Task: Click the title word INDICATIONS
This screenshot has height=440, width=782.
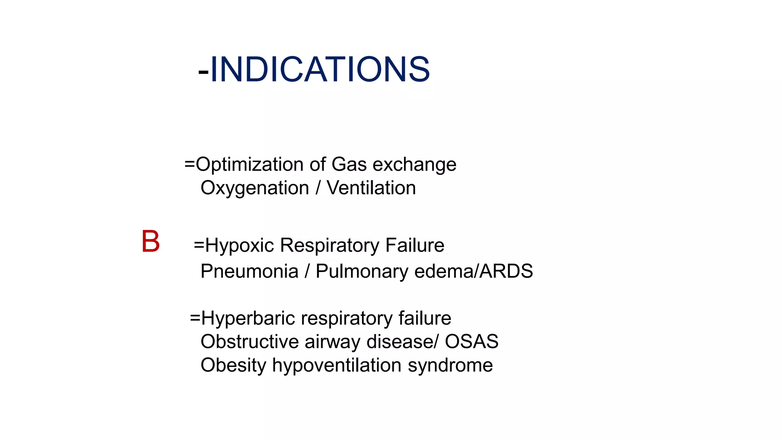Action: (x=320, y=70)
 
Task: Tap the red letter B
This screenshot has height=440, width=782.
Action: (x=150, y=242)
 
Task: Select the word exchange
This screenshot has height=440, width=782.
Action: (x=414, y=165)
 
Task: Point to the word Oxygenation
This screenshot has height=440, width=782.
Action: (x=255, y=188)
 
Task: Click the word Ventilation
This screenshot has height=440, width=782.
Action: (x=371, y=188)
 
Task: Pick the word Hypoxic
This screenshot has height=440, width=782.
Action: (x=239, y=246)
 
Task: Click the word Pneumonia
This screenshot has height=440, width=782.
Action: (x=249, y=271)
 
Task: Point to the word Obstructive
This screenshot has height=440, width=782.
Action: (x=249, y=341)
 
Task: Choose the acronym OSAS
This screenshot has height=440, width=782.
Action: (x=472, y=341)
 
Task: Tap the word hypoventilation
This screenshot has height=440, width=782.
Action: (x=336, y=366)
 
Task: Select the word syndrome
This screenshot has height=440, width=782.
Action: (x=450, y=366)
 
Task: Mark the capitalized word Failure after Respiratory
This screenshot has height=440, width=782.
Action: (x=415, y=245)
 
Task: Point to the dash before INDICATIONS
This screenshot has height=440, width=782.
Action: (x=204, y=72)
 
